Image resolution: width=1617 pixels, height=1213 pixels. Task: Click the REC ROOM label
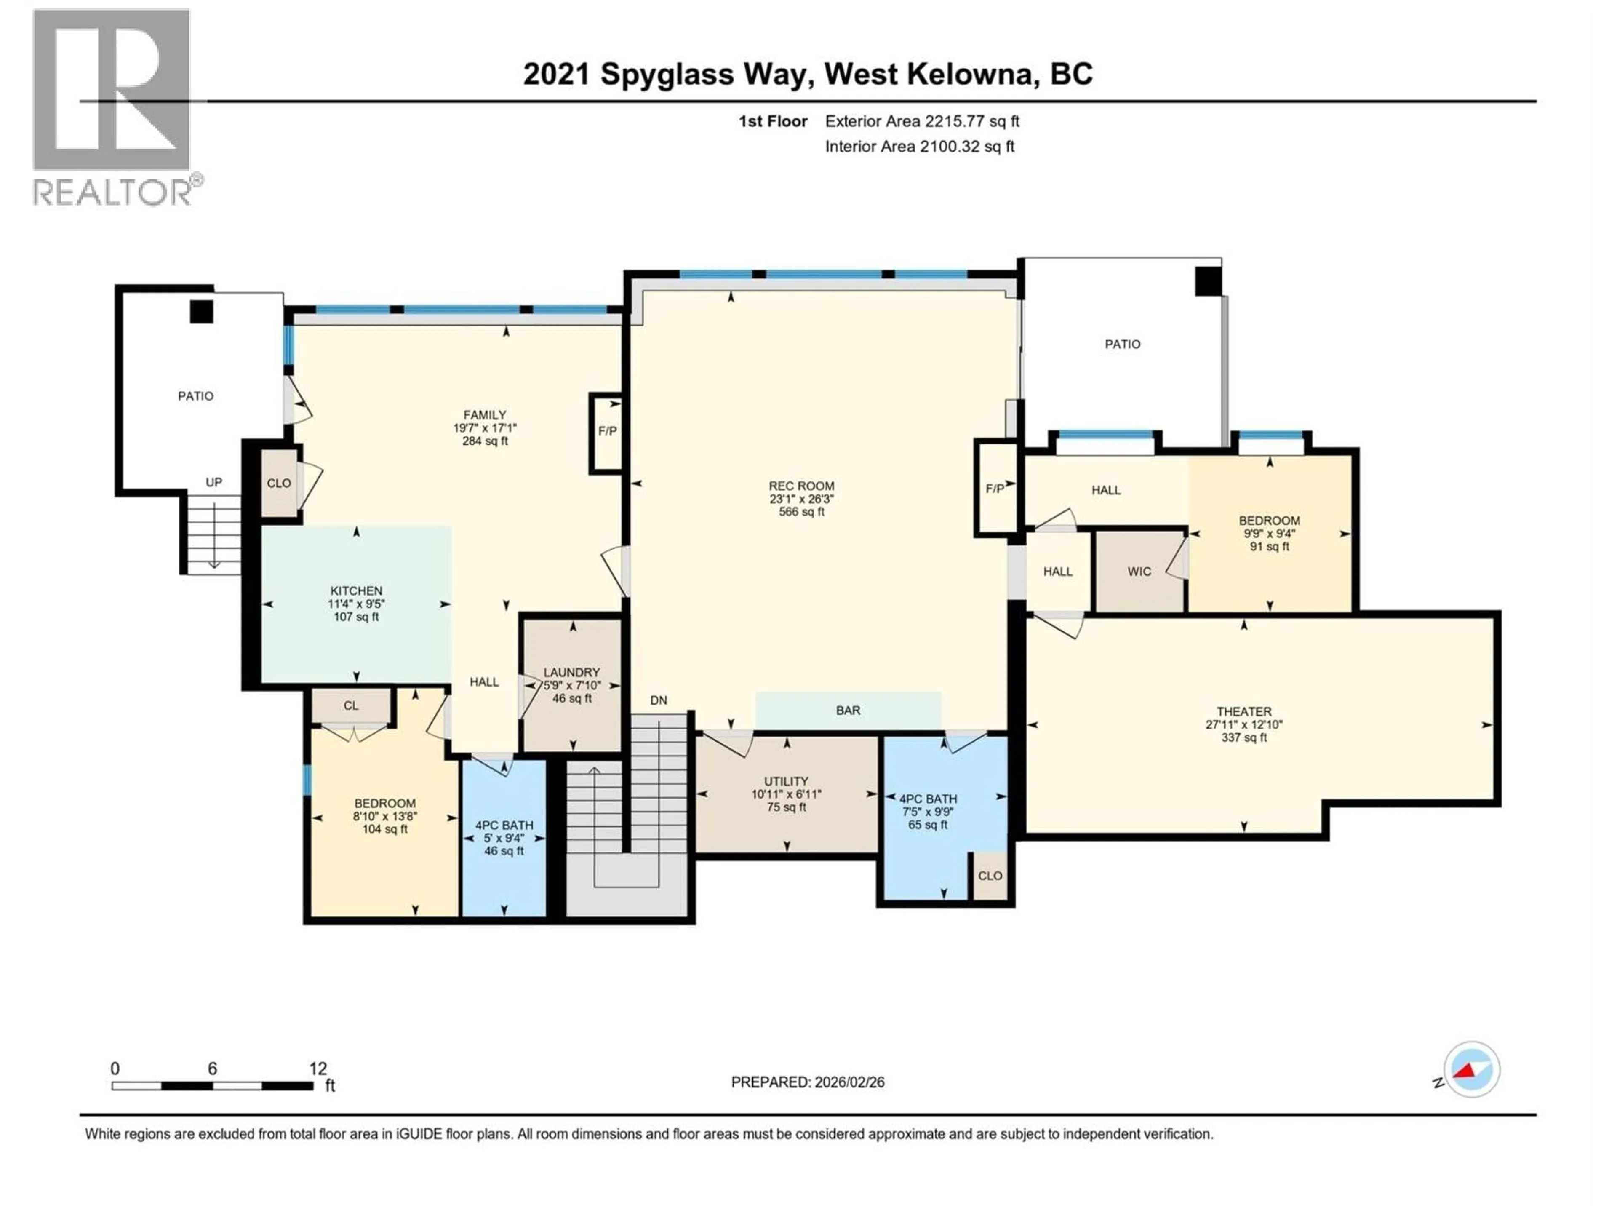coord(801,486)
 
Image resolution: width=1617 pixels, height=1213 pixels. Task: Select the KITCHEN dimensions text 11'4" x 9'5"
coord(356,604)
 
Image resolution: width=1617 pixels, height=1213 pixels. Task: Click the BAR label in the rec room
coord(848,711)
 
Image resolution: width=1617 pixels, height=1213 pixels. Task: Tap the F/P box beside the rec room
coord(995,489)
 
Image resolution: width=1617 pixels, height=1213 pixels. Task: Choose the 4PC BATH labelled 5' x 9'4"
coord(504,838)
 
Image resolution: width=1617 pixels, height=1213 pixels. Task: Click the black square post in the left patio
coord(202,312)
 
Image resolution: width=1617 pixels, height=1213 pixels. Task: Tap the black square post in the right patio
coord(1208,281)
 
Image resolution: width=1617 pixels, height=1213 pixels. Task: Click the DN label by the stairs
coord(659,700)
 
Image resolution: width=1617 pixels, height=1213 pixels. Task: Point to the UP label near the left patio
coord(213,483)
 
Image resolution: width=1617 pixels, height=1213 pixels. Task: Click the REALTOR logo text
coord(113,193)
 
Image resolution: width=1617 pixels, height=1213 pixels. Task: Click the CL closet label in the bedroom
coord(351,705)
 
